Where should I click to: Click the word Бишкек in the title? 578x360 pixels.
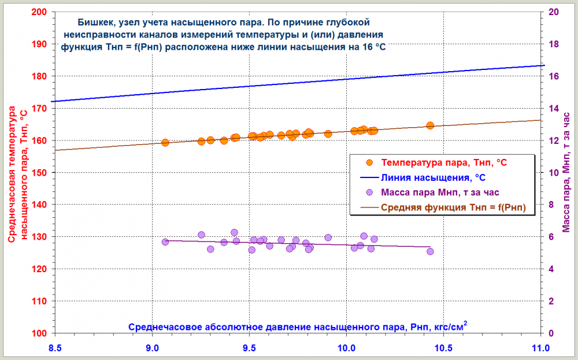(x=96, y=23)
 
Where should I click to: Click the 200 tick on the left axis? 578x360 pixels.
(x=42, y=12)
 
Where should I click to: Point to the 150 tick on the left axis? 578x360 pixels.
(x=42, y=173)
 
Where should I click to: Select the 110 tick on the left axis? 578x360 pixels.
(x=42, y=301)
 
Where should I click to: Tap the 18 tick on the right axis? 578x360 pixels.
(x=553, y=44)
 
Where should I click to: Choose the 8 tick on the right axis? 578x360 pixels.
(x=551, y=205)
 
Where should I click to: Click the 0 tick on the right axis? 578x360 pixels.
(x=551, y=333)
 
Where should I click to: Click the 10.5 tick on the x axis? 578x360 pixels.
(x=443, y=348)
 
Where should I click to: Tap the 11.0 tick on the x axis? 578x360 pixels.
(x=540, y=348)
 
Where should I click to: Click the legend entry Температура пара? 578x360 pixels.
(x=444, y=163)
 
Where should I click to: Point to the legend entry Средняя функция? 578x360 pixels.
(x=453, y=207)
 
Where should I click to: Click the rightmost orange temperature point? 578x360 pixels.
(x=430, y=125)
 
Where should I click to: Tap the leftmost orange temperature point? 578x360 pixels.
(x=165, y=142)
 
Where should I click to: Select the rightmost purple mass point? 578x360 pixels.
(x=430, y=251)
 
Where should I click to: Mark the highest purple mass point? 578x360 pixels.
(x=234, y=232)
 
